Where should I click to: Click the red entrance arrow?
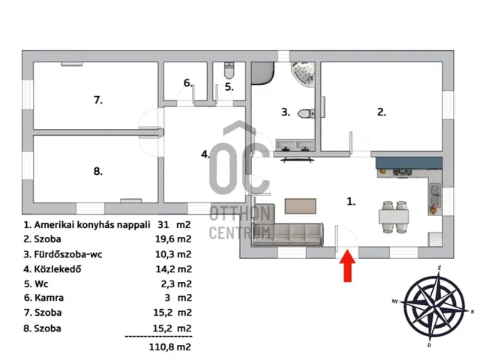347,265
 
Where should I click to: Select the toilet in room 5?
229,70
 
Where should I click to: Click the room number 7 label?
98,100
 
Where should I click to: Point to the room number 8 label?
98,171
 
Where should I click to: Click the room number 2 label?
382,112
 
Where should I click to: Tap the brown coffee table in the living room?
300,206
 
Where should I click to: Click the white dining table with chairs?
393,217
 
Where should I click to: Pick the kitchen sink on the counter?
435,195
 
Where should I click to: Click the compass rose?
433,307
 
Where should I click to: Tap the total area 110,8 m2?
170,346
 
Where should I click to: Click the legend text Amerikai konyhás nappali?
91,225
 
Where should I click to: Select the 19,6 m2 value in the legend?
173,238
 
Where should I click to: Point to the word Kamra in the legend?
49,298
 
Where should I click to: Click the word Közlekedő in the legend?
58,269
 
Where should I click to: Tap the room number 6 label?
188,83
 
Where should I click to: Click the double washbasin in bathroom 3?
295,145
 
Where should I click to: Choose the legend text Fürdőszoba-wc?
68,254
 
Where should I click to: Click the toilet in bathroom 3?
306,113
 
